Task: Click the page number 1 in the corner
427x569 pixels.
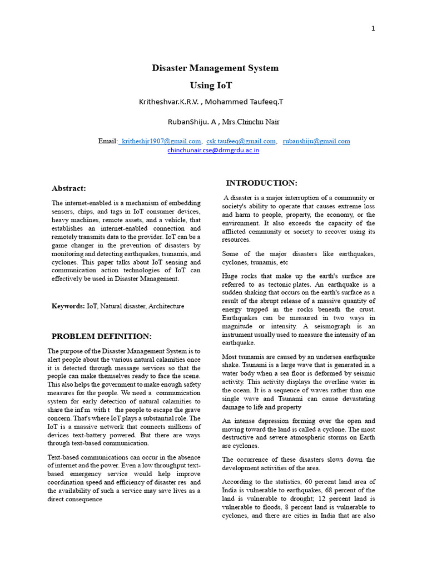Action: click(374, 29)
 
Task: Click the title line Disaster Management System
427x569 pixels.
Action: click(215, 68)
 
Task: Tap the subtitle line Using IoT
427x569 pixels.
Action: click(211, 86)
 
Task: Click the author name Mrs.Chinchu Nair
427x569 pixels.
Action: click(251, 122)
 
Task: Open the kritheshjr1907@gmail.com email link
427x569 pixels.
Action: click(161, 141)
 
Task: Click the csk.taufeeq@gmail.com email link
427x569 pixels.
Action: click(241, 141)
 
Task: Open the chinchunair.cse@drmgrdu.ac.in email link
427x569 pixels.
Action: click(213, 150)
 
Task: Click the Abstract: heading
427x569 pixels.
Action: click(69, 188)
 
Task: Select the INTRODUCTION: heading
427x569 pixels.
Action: click(261, 183)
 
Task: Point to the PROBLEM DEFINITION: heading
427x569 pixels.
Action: click(101, 336)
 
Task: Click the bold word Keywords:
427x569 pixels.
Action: click(68, 306)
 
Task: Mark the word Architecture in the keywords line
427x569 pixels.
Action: click(166, 306)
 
